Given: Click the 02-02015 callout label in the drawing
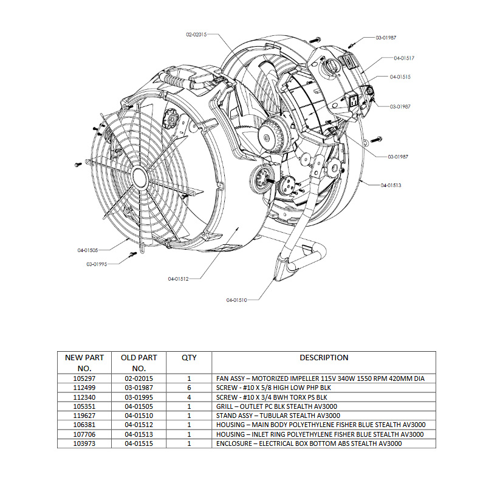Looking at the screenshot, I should pos(196,35).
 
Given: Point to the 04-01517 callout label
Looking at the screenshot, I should pos(404,58).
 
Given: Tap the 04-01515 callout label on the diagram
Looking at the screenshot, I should pos(400,77).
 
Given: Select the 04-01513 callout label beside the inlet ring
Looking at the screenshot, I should pos(391,184).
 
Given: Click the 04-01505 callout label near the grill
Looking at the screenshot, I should pos(88,250).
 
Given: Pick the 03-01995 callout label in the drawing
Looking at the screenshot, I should pos(97,264).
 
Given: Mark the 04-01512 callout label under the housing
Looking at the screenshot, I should pos(179,279).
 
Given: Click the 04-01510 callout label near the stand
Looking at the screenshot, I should pos(238,300).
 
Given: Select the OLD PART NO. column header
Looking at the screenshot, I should pos(139,363).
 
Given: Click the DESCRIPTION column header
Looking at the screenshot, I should pos(324,358).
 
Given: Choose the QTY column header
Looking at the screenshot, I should pos(189,358).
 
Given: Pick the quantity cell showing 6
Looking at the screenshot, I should pos(189,388).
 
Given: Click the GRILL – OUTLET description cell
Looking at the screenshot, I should pos(276,406).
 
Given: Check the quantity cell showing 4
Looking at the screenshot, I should pos(189,397).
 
